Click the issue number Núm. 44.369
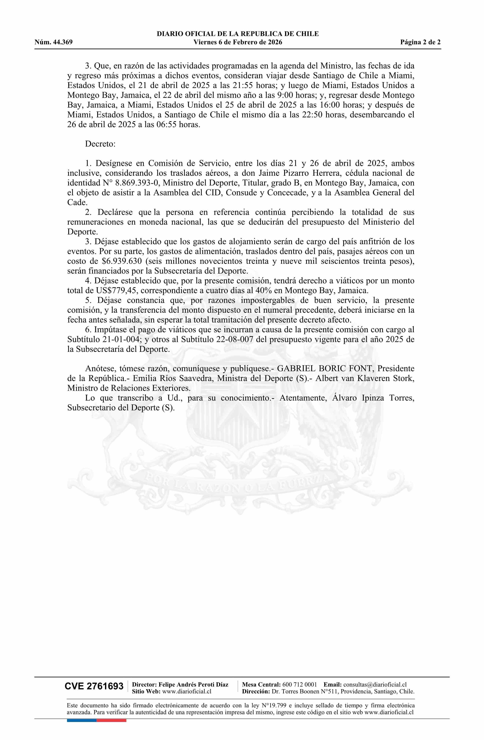(54, 42)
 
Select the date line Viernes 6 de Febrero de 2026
(238, 42)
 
